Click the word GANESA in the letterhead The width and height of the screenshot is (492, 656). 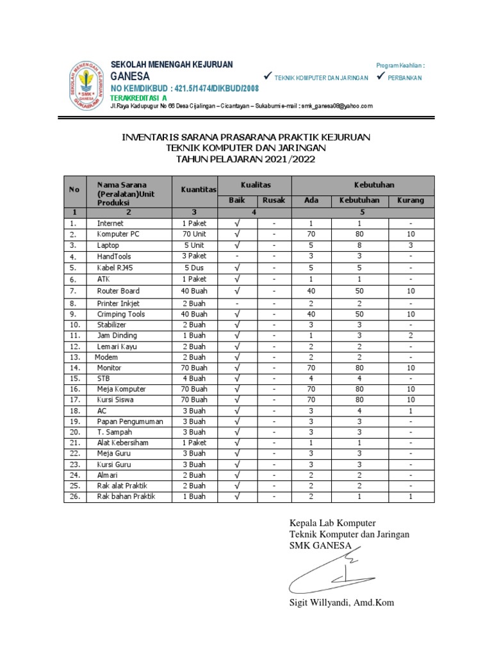click(x=131, y=76)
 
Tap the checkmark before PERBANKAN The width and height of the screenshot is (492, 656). click(x=381, y=77)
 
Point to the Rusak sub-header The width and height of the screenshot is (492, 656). click(x=274, y=201)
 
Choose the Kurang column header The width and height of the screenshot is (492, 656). click(x=411, y=201)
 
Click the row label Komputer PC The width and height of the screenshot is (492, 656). click(x=118, y=234)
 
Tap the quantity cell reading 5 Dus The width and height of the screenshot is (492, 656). click(x=195, y=268)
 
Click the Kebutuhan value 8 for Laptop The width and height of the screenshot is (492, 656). click(x=359, y=245)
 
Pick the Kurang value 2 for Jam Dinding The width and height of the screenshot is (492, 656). click(x=411, y=336)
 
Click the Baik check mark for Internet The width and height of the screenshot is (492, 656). click(x=237, y=224)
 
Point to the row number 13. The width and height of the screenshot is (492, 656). click(x=74, y=357)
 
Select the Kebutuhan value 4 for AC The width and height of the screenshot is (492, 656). click(x=359, y=411)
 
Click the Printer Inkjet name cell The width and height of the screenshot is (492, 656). click(x=119, y=303)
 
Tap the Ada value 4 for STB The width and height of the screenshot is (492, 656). click(x=311, y=379)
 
